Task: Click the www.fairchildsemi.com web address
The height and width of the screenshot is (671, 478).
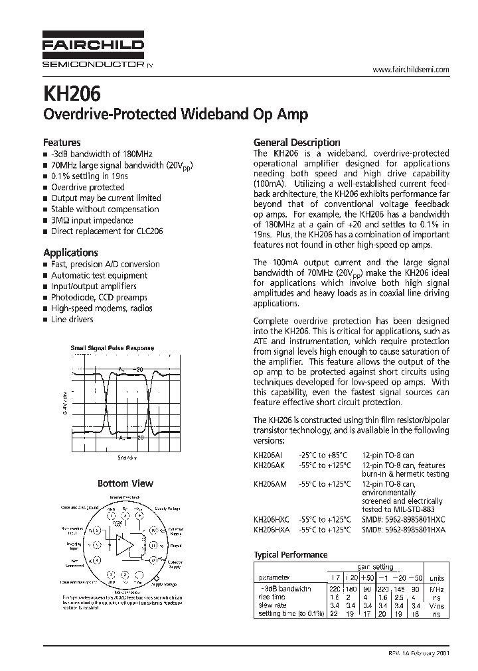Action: [411, 70]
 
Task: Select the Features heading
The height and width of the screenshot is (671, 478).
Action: [62, 143]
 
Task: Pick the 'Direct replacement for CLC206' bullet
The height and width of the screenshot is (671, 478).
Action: [107, 231]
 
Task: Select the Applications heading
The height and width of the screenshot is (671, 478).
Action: [70, 253]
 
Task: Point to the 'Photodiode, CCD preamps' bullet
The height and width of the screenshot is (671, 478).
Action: [99, 298]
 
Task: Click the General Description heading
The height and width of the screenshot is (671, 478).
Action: [297, 143]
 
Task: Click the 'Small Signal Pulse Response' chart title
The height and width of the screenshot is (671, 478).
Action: [112, 348]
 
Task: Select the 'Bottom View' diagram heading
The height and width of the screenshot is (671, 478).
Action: [125, 483]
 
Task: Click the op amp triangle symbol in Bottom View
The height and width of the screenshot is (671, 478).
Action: [123, 546]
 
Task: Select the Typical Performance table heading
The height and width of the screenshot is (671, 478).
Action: [291, 555]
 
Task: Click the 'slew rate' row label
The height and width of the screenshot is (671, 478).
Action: [273, 605]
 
